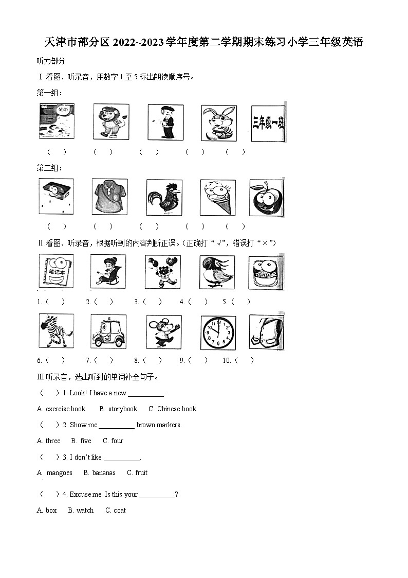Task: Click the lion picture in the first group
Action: tap(111, 121)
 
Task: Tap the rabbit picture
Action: tap(219, 123)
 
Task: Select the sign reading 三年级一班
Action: tap(268, 123)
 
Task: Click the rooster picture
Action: tap(164, 197)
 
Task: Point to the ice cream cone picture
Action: tap(218, 197)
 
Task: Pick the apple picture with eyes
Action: tap(267, 198)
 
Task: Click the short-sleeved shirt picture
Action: tap(109, 197)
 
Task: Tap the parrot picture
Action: tap(217, 272)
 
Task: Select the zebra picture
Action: tap(57, 330)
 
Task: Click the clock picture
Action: tap(218, 332)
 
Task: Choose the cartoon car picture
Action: tap(108, 331)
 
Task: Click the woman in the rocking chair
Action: tap(108, 272)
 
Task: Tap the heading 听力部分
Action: tap(51, 61)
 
